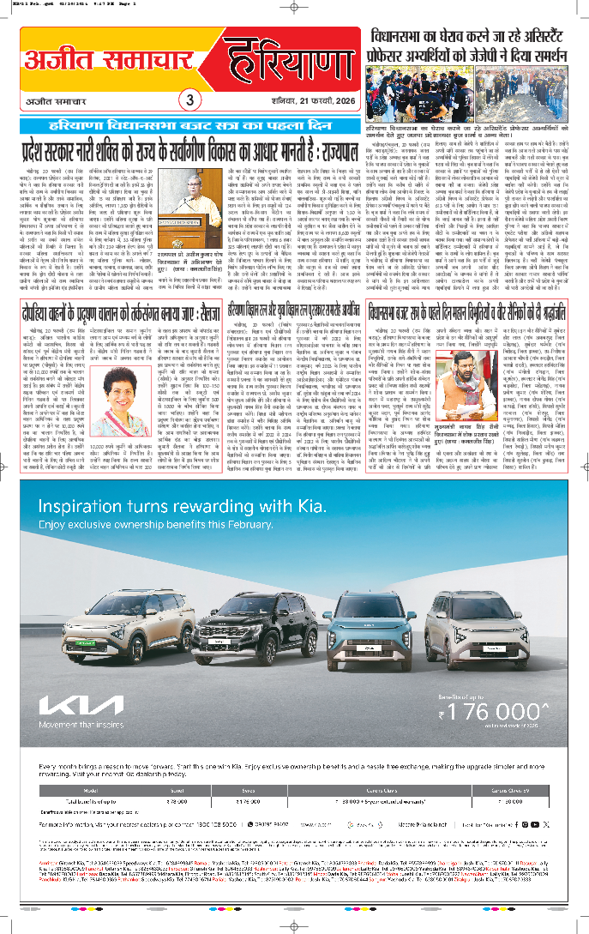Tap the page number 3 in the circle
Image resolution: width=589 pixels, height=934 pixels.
(190, 99)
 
